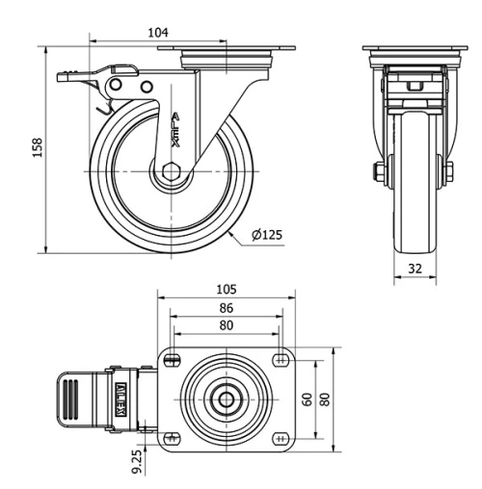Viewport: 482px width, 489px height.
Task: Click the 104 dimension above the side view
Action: (159, 32)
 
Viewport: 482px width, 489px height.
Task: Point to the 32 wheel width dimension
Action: (415, 270)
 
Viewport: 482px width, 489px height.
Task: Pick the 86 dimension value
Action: (226, 308)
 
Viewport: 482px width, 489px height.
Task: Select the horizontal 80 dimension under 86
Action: (226, 325)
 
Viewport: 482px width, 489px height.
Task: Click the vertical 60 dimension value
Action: (308, 399)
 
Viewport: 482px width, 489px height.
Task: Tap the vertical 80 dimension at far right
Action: (326, 399)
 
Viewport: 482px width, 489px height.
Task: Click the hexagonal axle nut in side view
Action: (170, 174)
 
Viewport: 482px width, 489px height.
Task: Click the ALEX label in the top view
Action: (122, 395)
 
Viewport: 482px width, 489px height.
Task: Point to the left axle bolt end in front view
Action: (378, 173)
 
